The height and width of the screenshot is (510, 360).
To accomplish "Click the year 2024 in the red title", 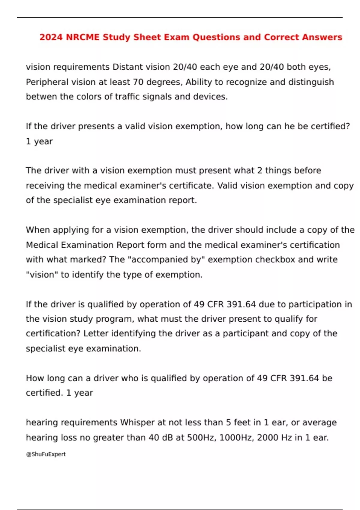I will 51,37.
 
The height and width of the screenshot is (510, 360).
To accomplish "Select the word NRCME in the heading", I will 83,37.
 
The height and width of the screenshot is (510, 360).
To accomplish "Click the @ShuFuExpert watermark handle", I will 46,454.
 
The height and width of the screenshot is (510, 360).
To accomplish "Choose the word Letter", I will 96,333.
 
